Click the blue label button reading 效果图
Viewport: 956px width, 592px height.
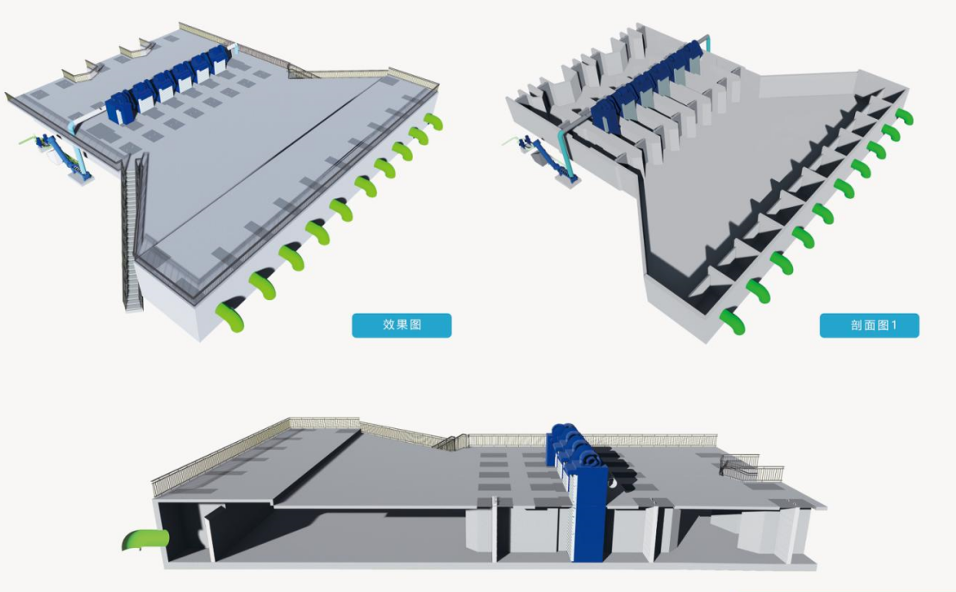tap(401, 325)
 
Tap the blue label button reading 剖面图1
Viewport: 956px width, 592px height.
tap(869, 325)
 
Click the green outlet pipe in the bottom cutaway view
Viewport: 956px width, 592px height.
tap(147, 539)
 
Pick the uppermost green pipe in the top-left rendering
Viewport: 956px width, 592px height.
tap(434, 122)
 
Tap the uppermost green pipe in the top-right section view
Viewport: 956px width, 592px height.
tap(905, 115)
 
